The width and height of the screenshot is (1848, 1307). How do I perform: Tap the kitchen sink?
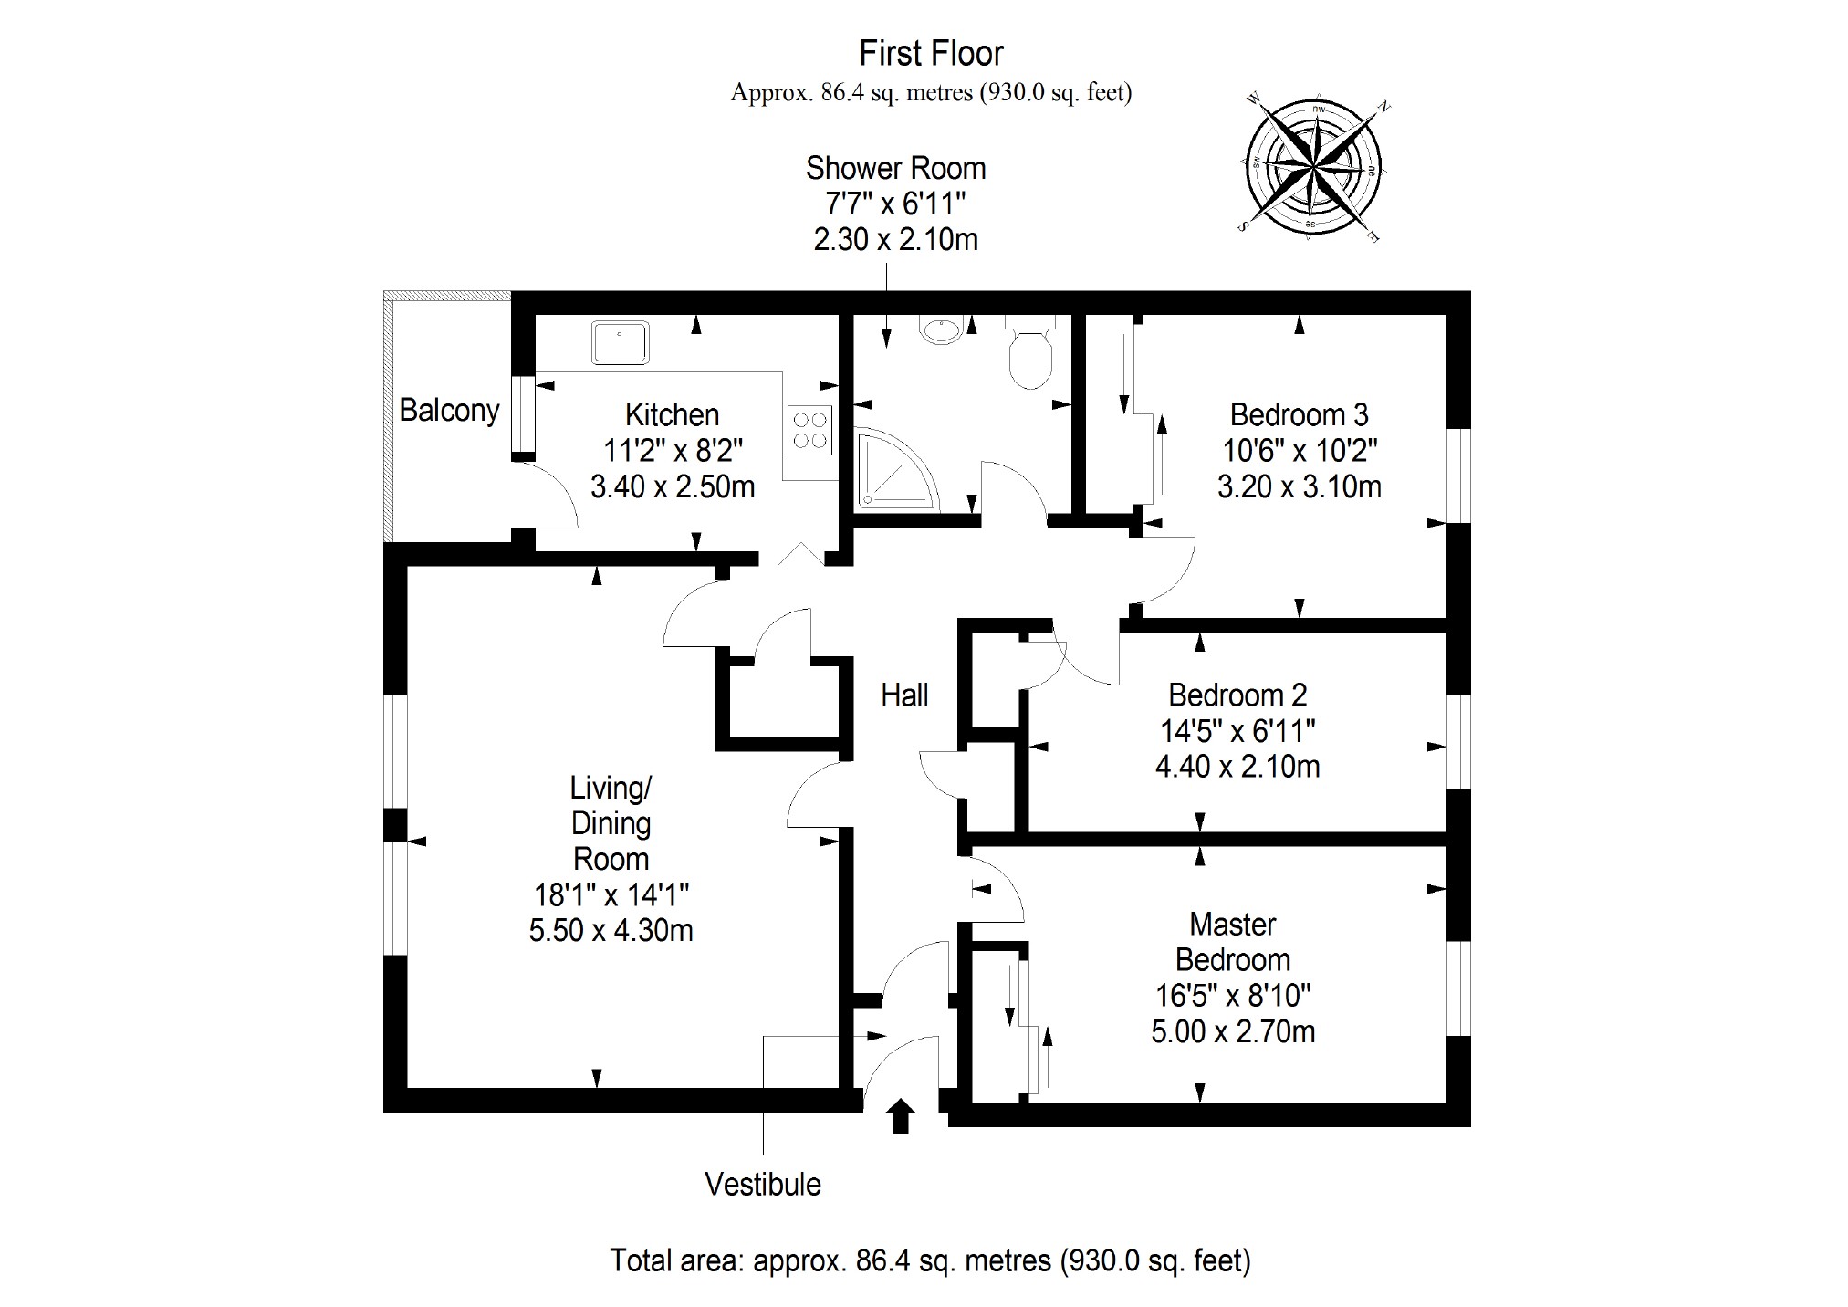[620, 341]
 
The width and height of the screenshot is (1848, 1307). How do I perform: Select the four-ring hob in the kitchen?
[810, 431]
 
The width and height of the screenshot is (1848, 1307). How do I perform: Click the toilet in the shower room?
[1031, 357]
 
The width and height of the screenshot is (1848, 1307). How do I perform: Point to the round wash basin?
[940, 329]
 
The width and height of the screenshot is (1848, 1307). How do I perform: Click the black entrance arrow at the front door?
[902, 1116]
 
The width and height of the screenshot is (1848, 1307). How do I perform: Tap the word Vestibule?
[763, 1185]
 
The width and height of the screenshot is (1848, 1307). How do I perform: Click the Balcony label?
[449, 411]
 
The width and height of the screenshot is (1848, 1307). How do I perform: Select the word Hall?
[904, 695]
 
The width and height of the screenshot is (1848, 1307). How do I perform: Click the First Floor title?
[931, 54]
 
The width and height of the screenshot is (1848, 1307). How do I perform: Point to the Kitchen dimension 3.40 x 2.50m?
[673, 486]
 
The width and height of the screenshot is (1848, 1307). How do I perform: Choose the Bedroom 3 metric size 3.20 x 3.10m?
[1299, 486]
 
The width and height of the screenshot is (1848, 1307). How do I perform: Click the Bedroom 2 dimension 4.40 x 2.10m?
[1237, 766]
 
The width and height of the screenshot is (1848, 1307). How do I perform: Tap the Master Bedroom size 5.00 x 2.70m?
[1233, 1031]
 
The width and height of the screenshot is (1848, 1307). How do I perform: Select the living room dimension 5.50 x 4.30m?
[611, 930]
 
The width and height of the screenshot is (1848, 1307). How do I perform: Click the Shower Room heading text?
[895, 169]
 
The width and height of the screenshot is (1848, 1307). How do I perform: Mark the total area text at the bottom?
[930, 1260]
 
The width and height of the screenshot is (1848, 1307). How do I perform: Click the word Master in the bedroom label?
[1233, 925]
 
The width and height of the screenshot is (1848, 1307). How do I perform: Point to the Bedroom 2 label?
[1237, 695]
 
